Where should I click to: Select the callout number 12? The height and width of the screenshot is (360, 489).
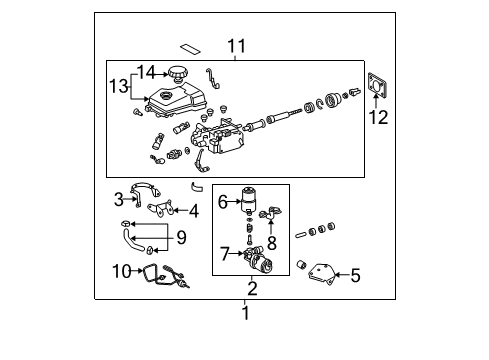(379, 118)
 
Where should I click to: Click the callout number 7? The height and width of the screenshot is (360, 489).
(180, 237)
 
